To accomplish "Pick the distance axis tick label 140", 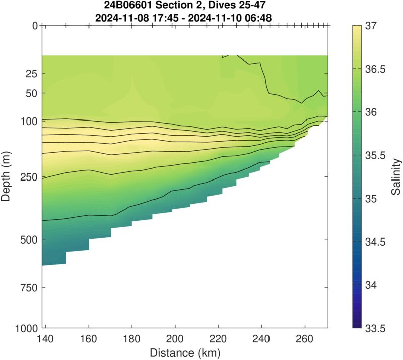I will pyautogui.click(x=45, y=339).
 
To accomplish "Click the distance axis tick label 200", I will pyautogui.click(x=175, y=339).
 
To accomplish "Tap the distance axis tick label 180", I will pyautogui.click(x=131, y=339).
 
